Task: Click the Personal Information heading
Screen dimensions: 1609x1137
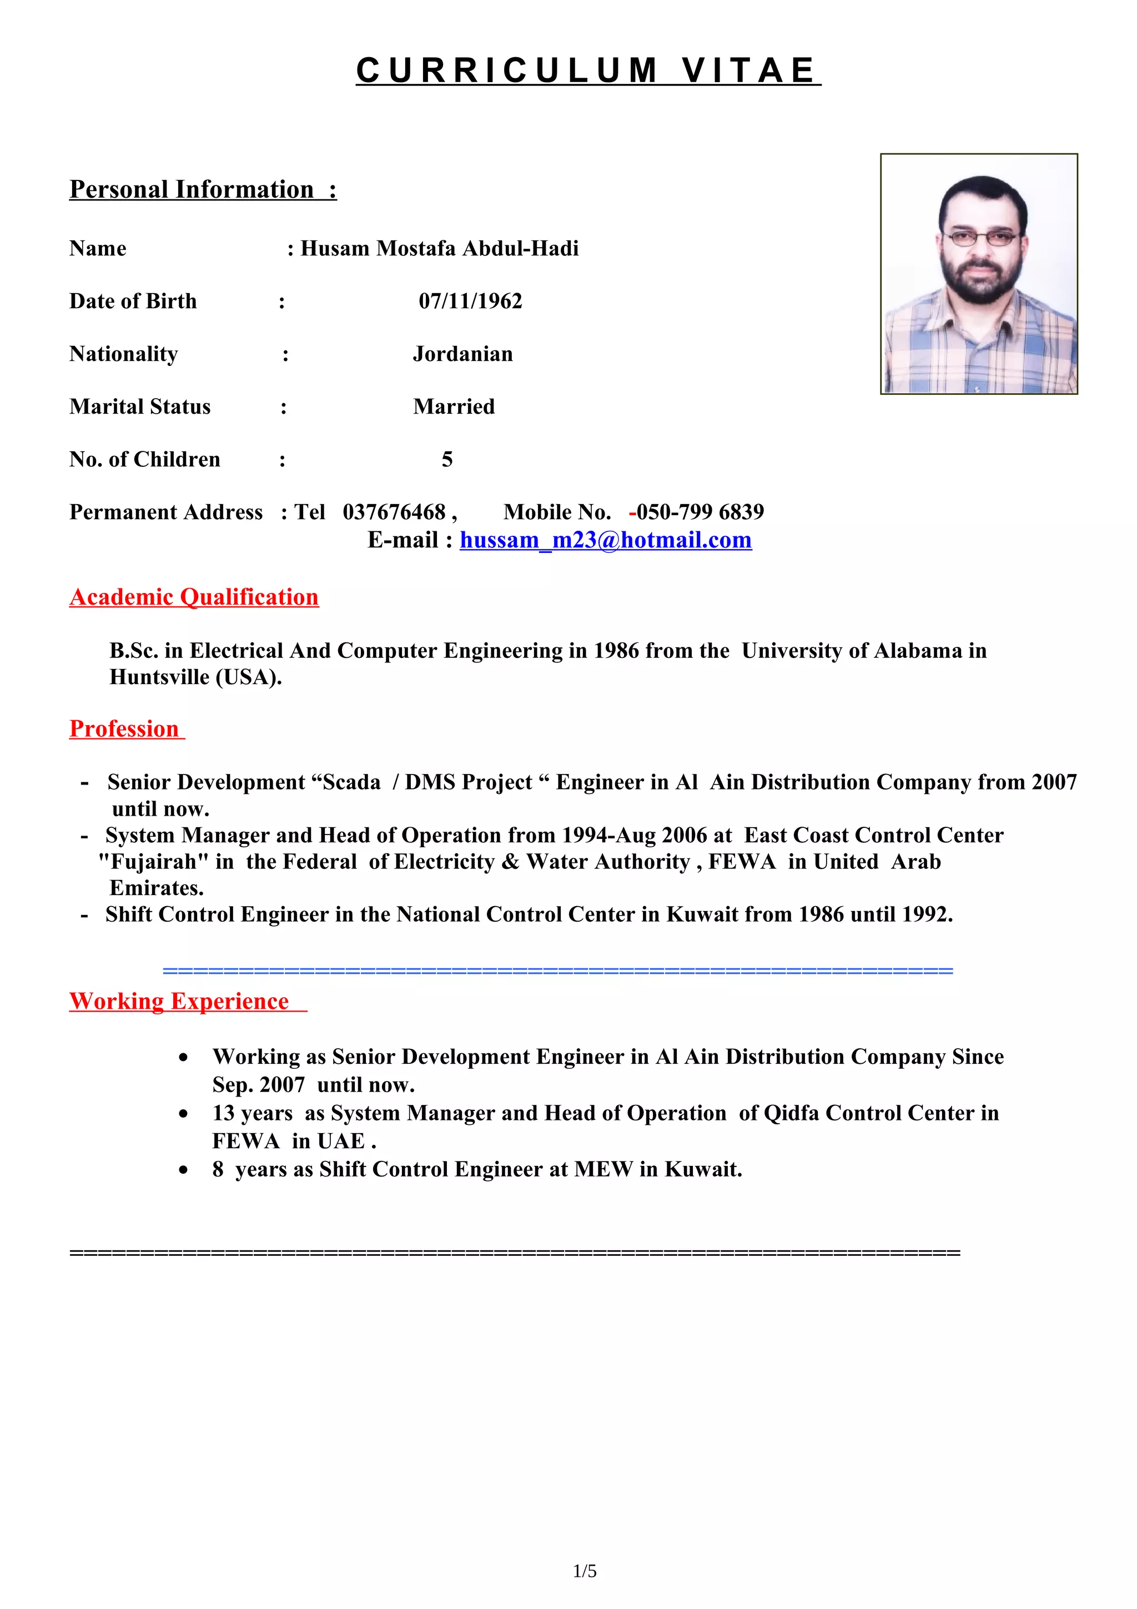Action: [x=203, y=189]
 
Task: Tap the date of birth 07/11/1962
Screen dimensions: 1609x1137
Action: [x=470, y=301]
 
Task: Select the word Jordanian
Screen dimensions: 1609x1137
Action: [x=462, y=354]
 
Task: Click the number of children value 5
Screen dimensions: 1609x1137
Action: [x=447, y=460]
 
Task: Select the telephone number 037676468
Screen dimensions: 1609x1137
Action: [x=394, y=512]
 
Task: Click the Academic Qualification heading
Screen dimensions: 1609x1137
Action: [x=194, y=597]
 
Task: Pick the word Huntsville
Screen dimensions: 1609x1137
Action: [x=159, y=678]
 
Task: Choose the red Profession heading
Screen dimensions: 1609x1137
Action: [x=125, y=729]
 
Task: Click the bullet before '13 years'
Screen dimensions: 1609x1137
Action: [x=184, y=1114]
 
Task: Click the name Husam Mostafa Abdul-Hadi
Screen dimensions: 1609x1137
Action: [x=439, y=249]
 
